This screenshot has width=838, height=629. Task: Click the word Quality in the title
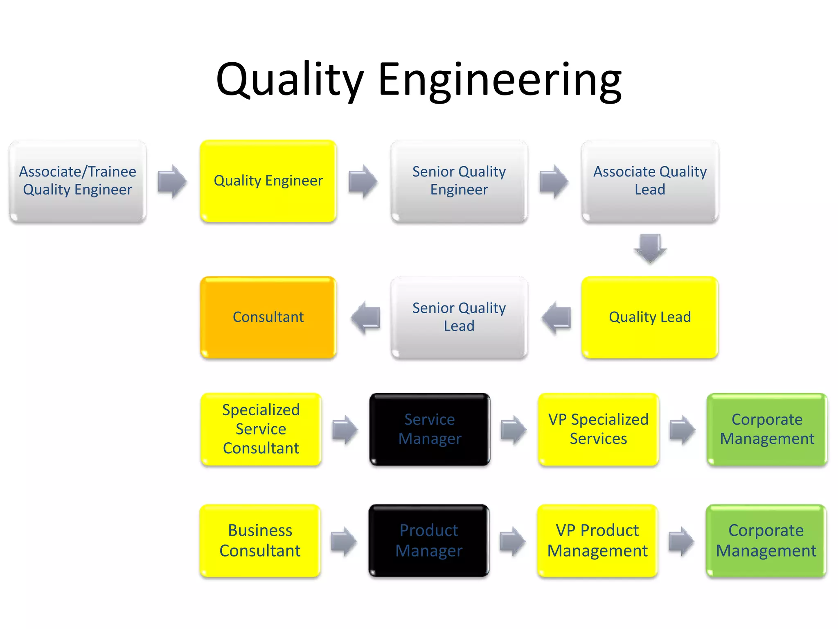(290, 80)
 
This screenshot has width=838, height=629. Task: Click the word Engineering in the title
(500, 80)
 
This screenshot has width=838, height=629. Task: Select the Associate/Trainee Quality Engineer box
(78, 181)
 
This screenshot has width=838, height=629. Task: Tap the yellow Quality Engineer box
(268, 181)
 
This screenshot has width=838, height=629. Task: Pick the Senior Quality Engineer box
(459, 181)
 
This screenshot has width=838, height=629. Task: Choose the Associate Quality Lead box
(650, 181)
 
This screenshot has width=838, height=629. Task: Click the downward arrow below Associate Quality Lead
(650, 248)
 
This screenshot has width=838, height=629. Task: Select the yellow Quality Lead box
(650, 317)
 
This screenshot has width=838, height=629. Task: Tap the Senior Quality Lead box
(459, 317)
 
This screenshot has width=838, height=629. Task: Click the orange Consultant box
(268, 317)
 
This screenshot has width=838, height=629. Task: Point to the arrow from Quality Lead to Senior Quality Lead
(556, 318)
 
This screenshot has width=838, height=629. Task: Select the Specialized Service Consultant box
(261, 429)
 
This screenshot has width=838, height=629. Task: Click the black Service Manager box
(430, 429)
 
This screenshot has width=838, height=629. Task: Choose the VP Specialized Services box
(598, 429)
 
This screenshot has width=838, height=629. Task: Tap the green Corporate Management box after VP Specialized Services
(767, 429)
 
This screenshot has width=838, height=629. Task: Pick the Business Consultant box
(260, 541)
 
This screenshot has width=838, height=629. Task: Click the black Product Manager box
(429, 541)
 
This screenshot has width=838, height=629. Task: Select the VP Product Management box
(597, 541)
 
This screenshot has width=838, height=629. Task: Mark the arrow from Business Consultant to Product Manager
(344, 541)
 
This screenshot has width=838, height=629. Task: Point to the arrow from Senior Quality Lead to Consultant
(365, 318)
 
